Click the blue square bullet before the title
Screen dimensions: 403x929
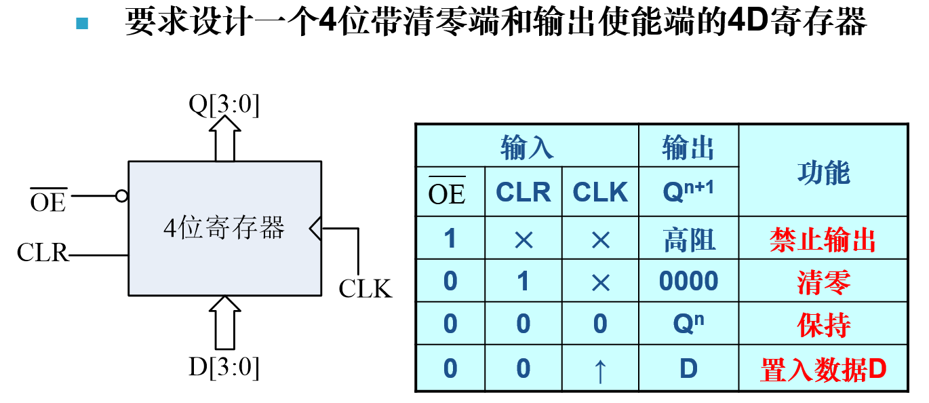pos(82,24)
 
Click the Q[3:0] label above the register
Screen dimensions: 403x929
pos(224,105)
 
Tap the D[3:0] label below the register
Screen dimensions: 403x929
pos(224,367)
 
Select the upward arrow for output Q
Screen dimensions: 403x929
pos(224,138)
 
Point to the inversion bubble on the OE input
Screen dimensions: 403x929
pos(121,196)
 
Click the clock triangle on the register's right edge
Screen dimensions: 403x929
pos(315,229)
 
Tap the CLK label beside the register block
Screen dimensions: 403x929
pos(365,288)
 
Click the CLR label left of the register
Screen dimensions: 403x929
pos(43,253)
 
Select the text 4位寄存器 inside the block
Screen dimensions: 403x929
pos(224,228)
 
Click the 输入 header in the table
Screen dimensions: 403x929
pos(527,147)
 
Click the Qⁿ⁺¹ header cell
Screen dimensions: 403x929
pos(688,192)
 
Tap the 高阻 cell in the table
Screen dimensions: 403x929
pos(688,239)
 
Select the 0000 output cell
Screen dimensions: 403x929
pos(688,281)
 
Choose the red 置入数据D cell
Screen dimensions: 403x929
pos(823,370)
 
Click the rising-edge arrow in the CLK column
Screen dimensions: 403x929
pos(599,371)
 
